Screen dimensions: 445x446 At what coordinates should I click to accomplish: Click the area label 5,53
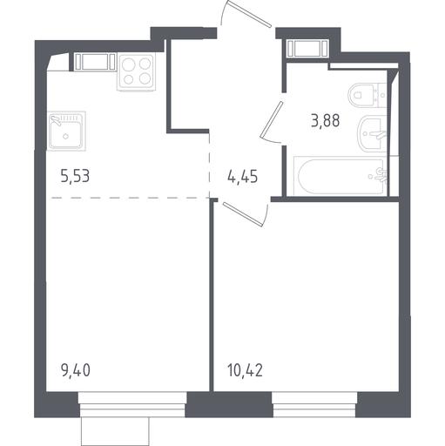tap(75, 176)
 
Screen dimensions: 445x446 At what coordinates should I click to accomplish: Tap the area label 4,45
tap(243, 177)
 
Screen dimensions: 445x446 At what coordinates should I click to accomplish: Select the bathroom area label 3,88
tap(325, 120)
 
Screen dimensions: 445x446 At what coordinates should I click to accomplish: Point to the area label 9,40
tap(76, 370)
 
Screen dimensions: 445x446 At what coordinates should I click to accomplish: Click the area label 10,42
tap(246, 370)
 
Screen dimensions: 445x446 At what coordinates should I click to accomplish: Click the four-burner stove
tap(137, 71)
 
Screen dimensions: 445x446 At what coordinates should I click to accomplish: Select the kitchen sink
tap(66, 132)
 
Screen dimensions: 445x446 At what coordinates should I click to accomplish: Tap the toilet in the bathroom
tap(367, 95)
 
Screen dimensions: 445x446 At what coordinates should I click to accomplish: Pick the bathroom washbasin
tap(373, 134)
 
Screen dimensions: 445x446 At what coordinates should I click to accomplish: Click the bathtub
tap(340, 176)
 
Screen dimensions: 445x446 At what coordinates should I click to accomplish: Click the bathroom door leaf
tap(272, 119)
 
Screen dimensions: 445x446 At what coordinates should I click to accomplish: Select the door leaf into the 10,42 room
tap(243, 214)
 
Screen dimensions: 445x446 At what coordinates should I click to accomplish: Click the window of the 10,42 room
tap(314, 404)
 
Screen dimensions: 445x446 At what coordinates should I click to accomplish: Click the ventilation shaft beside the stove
tap(95, 62)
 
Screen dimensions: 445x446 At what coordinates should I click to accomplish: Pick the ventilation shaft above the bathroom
tap(307, 48)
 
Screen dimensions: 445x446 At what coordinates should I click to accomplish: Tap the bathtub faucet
tap(380, 175)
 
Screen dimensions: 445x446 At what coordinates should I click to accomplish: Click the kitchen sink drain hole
tap(66, 136)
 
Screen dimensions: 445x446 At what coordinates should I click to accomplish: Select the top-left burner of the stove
tap(128, 64)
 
